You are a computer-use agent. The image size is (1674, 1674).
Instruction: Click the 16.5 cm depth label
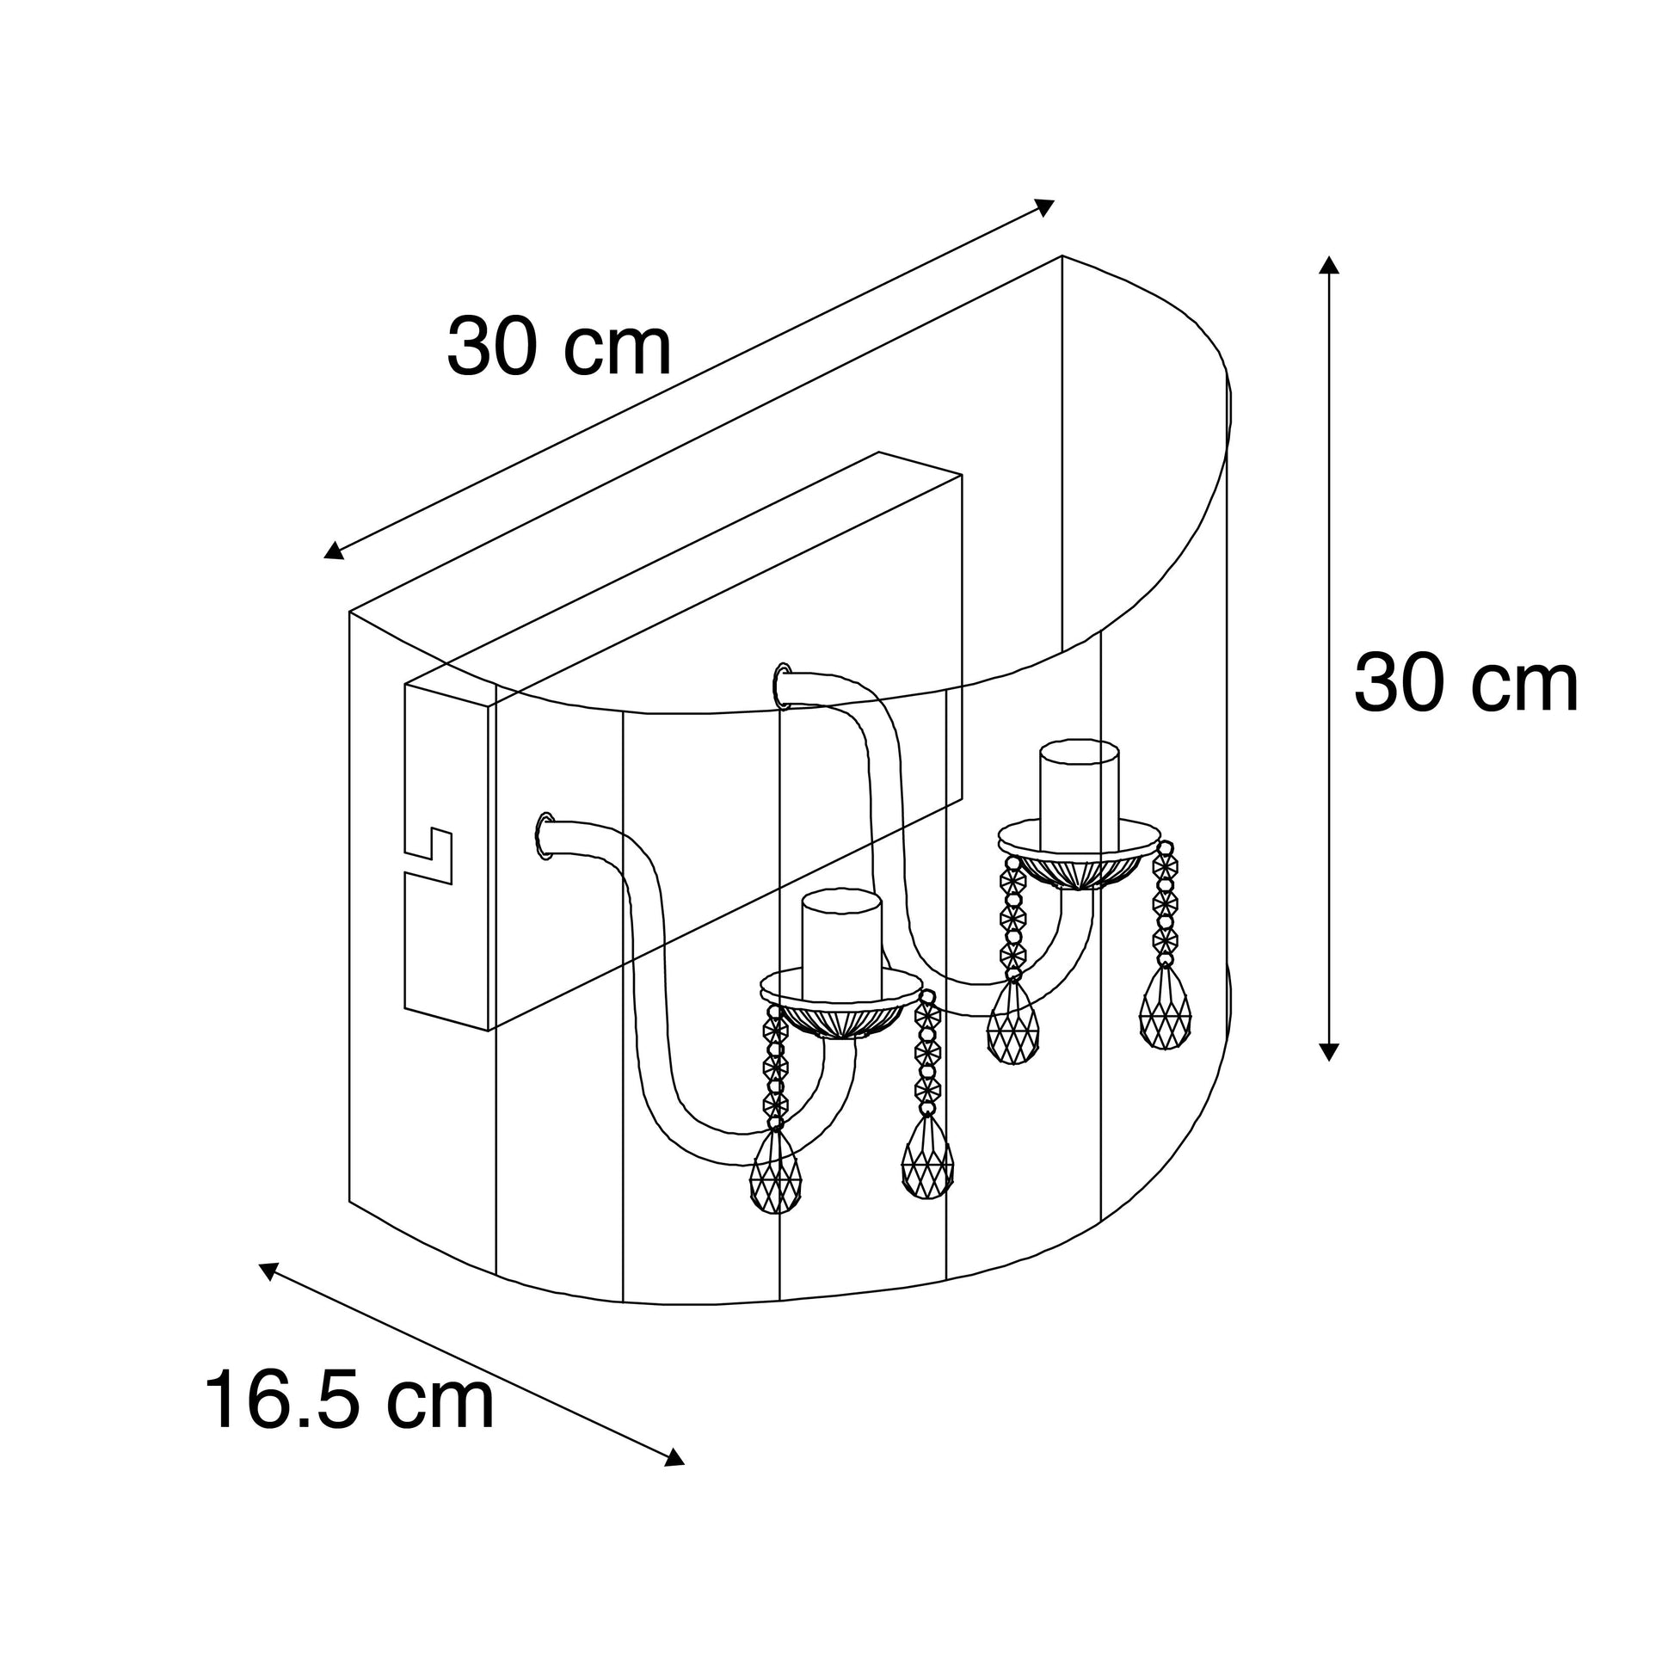349,1400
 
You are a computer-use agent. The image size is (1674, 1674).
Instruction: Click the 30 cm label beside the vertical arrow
1466,684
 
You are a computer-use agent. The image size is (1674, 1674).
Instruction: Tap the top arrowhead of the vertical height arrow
1329,264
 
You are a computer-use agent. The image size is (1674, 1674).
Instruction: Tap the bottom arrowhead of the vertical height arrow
1329,1051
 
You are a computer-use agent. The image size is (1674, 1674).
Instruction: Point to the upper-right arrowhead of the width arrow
1046,207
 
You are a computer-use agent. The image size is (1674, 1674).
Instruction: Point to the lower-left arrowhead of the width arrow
333,551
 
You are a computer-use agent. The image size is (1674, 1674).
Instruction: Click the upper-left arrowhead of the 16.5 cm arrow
268,1271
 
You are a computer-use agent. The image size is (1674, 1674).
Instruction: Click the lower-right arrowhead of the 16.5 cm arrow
674,1457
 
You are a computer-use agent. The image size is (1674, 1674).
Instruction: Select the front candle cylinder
841,943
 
